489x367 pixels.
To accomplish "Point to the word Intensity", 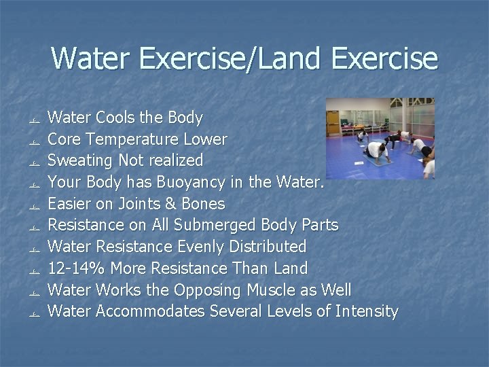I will tap(365, 311).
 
